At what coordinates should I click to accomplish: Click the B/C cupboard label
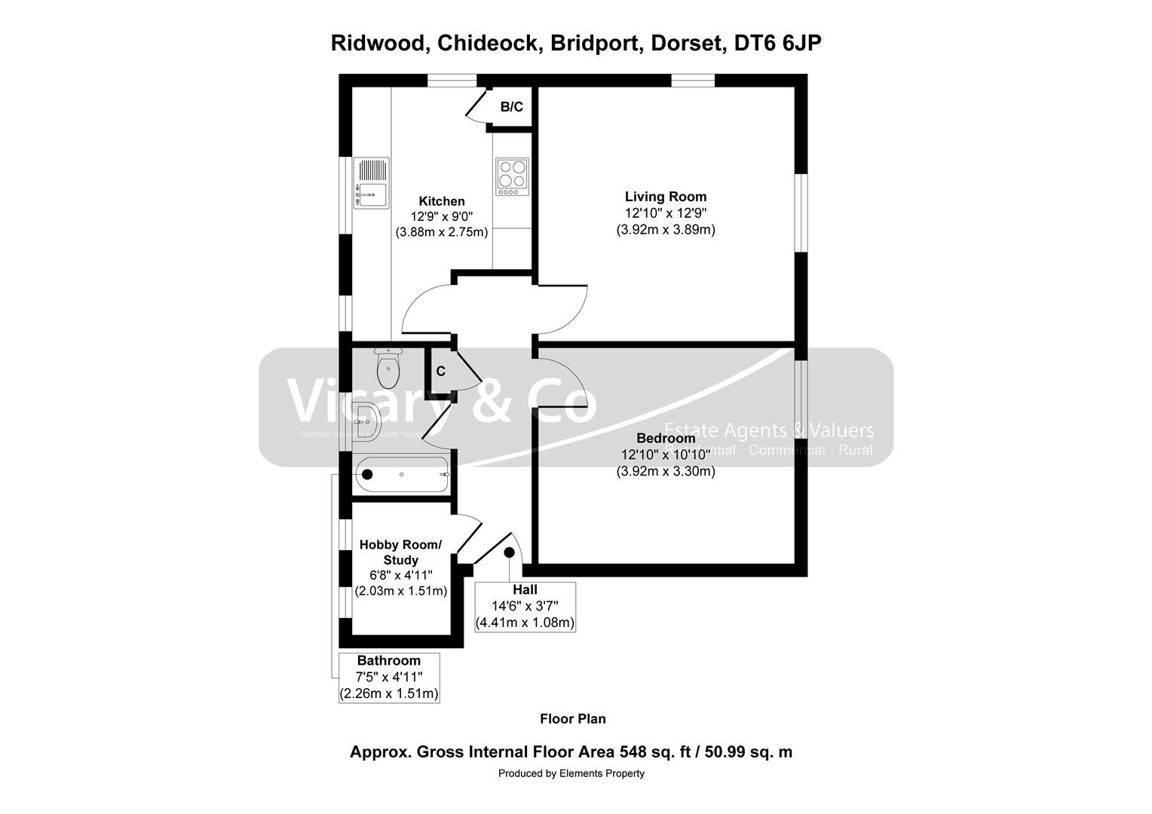511,107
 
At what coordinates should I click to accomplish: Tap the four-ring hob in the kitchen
512,176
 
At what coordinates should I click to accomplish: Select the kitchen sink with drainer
371,183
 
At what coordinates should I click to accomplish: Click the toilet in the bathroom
388,368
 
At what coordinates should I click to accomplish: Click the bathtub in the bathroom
402,475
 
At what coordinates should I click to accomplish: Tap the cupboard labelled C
440,371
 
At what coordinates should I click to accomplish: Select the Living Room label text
666,197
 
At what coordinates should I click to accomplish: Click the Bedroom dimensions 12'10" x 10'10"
666,455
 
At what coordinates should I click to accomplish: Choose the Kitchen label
442,201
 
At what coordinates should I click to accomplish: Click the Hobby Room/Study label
400,552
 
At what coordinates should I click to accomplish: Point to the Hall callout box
525,607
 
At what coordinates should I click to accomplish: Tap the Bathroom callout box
389,677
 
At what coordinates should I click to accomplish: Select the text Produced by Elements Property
571,773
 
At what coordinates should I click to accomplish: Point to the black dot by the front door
509,552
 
